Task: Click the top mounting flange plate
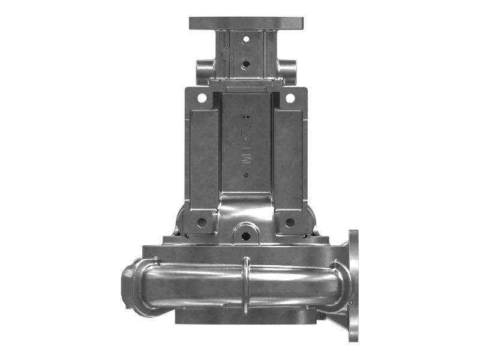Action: pyautogui.click(x=246, y=23)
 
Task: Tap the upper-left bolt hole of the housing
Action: pyautogui.click(x=202, y=97)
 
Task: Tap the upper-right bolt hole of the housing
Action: pyautogui.click(x=290, y=97)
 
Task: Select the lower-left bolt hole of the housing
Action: pyautogui.click(x=202, y=222)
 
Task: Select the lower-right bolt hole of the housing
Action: pyautogui.click(x=290, y=222)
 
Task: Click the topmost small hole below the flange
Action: pyautogui.click(x=245, y=39)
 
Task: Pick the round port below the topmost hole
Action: pyautogui.click(x=245, y=62)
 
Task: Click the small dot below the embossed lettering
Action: pyautogui.click(x=245, y=175)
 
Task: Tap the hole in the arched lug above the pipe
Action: pyautogui.click(x=245, y=235)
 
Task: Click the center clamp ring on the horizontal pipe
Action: pyautogui.click(x=245, y=286)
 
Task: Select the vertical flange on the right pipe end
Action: pyautogui.click(x=353, y=285)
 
